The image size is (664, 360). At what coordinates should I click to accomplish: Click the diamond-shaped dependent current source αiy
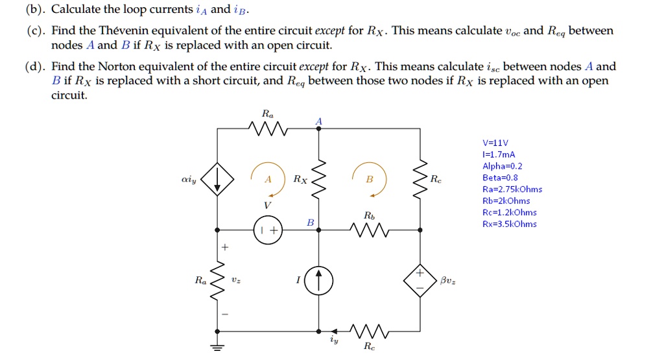(217, 178)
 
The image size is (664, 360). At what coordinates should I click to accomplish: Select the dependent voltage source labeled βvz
(420, 280)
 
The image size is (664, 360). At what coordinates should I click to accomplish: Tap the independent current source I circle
(319, 280)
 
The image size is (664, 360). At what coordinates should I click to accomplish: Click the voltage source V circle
(268, 230)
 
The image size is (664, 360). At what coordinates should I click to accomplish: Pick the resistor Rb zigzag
(368, 230)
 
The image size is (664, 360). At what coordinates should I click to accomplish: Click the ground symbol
(217, 346)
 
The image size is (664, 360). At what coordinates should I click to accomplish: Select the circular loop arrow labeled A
(268, 179)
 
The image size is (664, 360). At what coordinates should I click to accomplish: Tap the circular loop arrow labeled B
(369, 179)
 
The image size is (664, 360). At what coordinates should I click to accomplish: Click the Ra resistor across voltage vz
(217, 280)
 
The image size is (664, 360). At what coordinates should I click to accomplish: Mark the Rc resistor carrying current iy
(368, 331)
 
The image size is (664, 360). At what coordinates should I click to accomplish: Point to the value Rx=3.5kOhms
(510, 224)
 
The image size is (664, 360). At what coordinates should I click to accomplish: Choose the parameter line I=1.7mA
(499, 154)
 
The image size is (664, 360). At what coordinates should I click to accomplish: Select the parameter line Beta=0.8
(500, 178)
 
